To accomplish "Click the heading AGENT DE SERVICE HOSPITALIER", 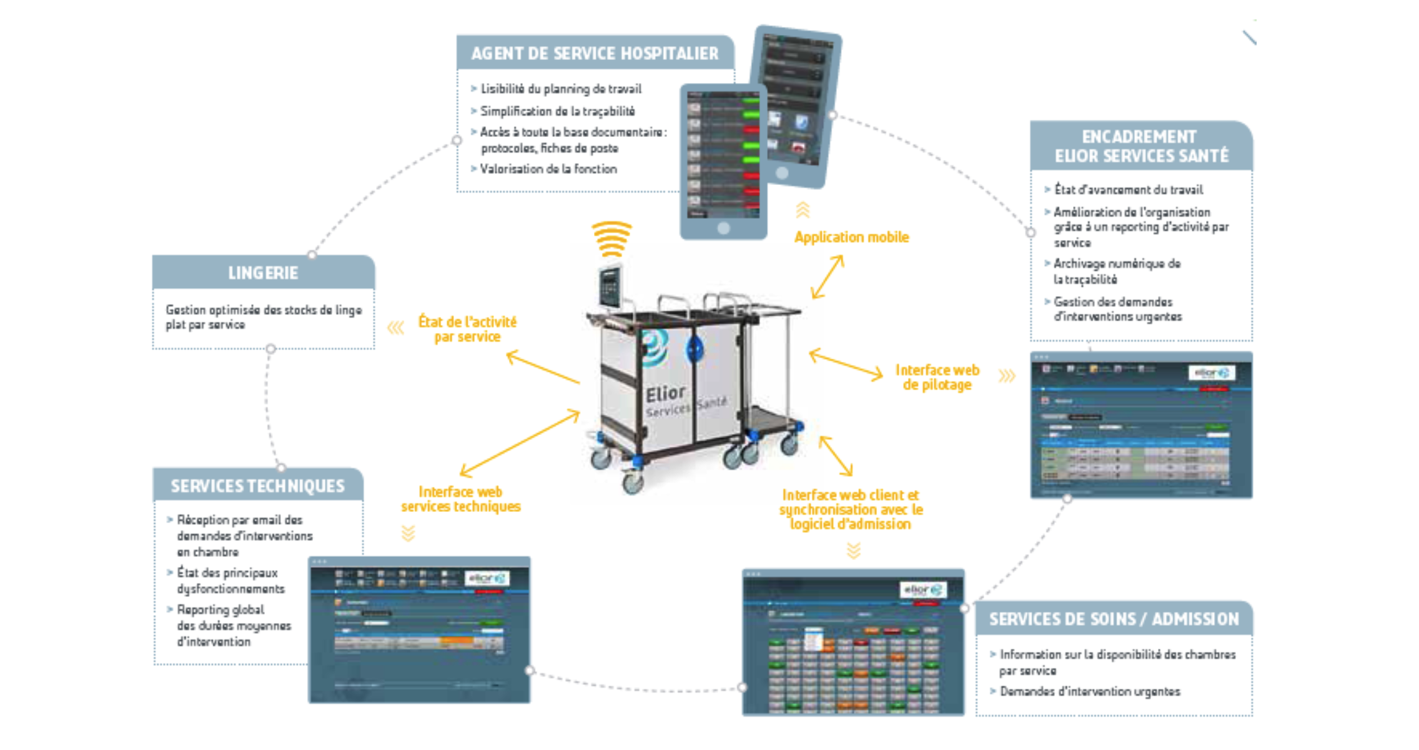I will click(x=595, y=54).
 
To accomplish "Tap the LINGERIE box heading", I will click(x=263, y=273).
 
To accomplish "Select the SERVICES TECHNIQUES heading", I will click(x=257, y=486).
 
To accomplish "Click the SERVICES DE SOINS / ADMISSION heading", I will click(x=1114, y=619).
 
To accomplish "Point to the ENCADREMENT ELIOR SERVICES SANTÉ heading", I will click(x=1141, y=146).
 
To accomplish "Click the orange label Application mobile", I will click(x=851, y=237).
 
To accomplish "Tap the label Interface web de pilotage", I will click(x=937, y=377).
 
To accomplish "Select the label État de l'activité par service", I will click(x=467, y=329).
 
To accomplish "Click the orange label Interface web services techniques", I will click(x=461, y=499).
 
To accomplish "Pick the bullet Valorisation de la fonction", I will click(x=548, y=169).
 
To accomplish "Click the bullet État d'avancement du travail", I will click(x=1128, y=190).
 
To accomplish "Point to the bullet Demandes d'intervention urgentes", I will click(x=1090, y=692).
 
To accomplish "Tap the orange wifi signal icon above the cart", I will click(x=611, y=238).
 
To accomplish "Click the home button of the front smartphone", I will click(x=723, y=229).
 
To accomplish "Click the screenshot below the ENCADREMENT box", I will click(x=1141, y=425).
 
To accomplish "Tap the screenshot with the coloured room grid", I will click(x=853, y=642).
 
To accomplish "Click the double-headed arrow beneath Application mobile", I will click(x=828, y=277).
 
